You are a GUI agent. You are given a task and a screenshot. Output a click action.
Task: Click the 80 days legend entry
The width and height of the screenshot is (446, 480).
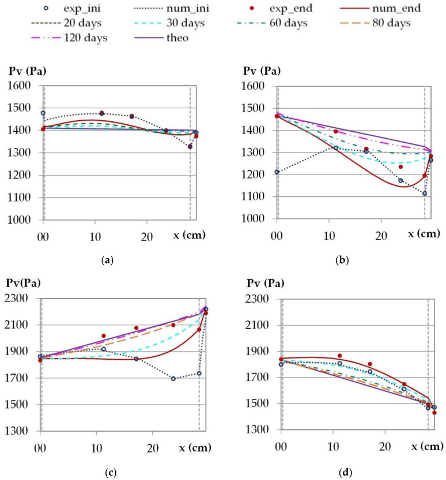(x=392, y=24)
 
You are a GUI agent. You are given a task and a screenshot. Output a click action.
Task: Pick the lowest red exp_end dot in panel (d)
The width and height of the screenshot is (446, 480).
(x=434, y=413)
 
